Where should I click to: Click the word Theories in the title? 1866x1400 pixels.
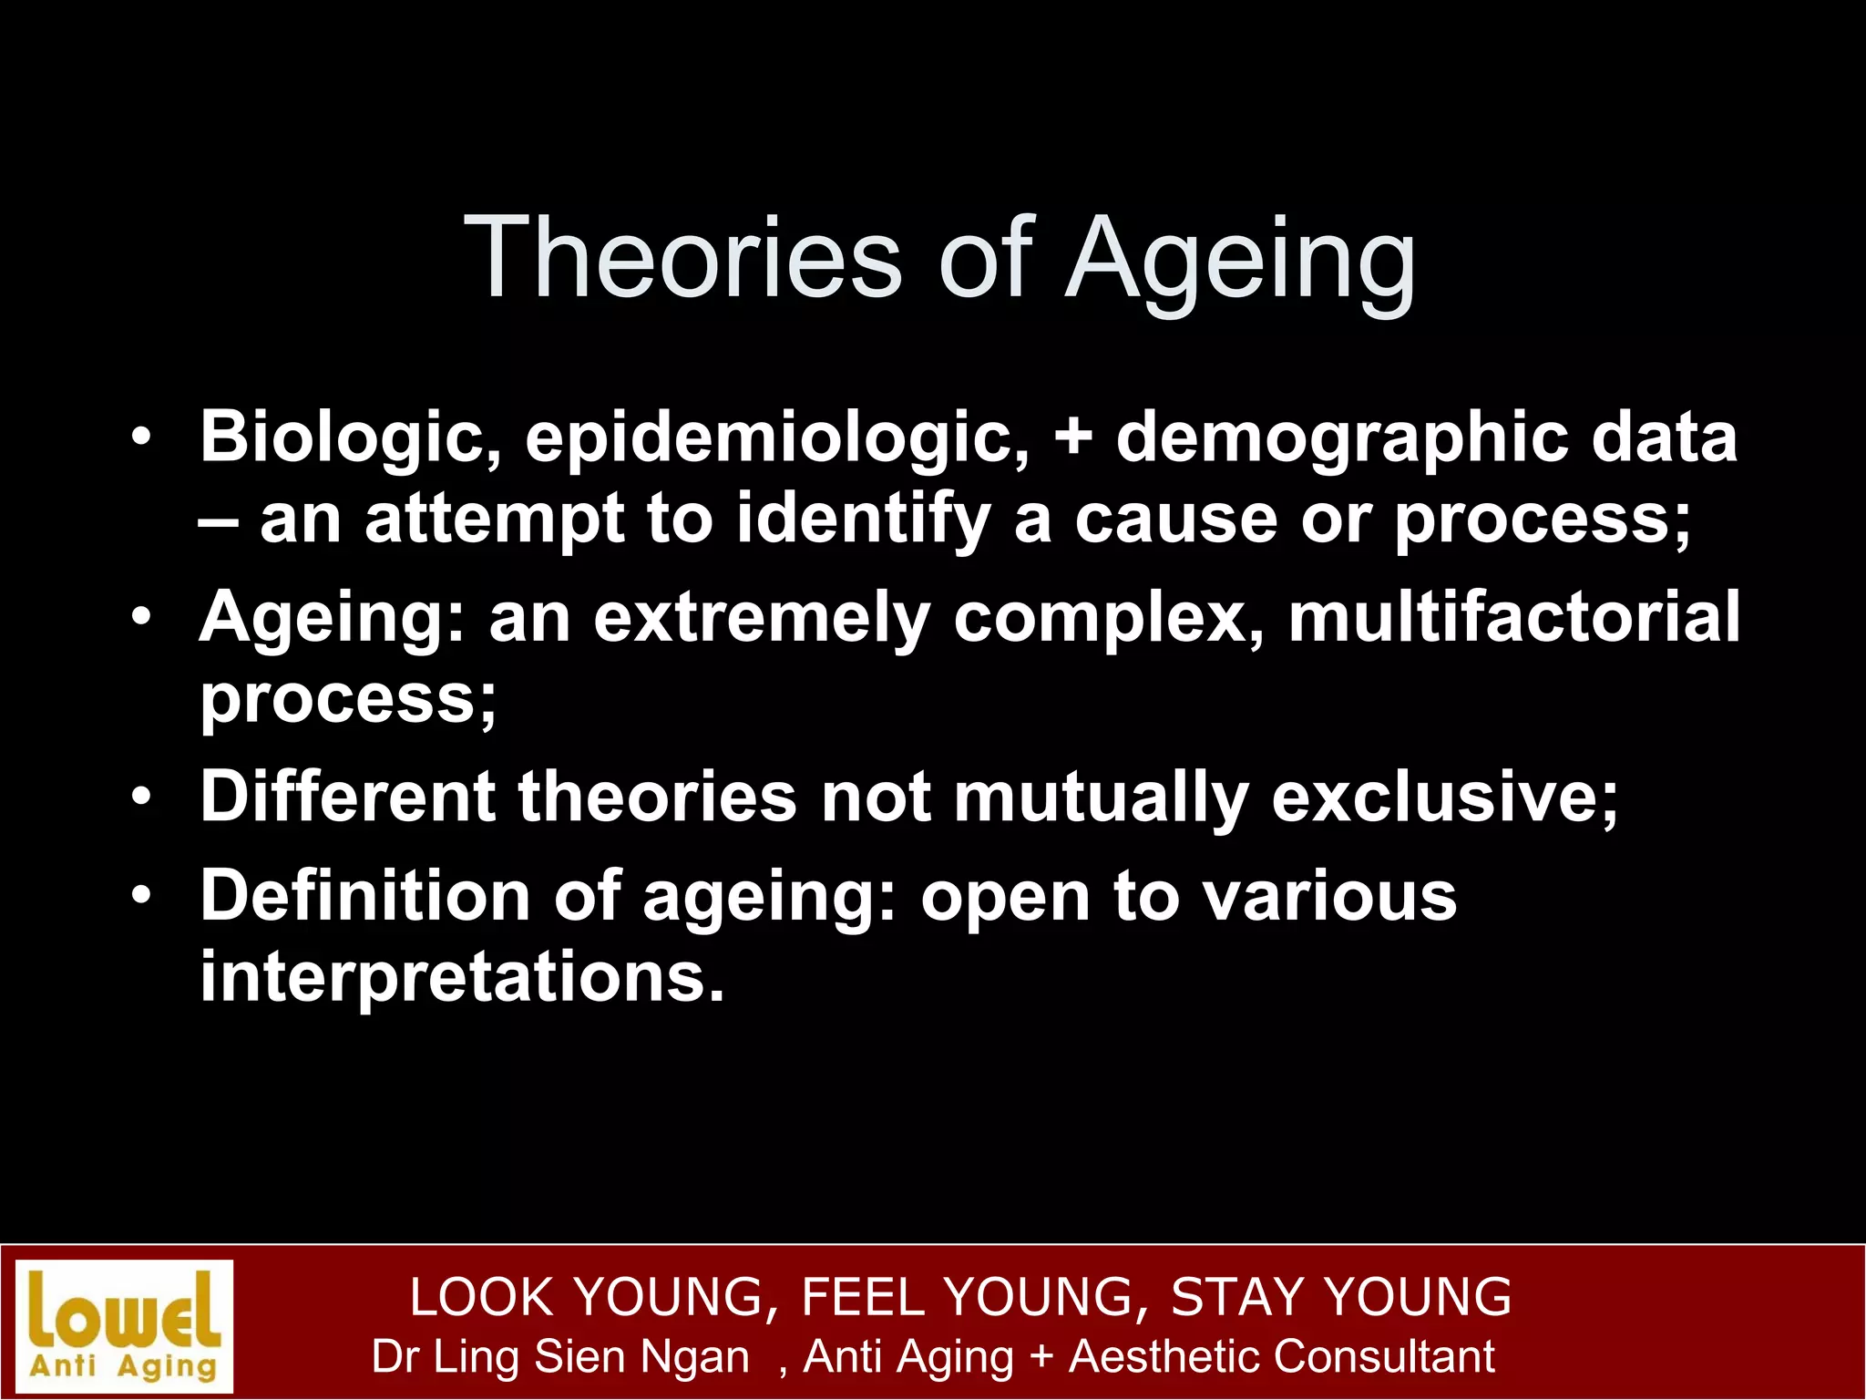tap(682, 257)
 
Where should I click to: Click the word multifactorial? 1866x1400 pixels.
tap(1513, 617)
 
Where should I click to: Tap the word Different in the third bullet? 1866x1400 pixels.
tap(347, 797)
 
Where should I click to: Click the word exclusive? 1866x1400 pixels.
tap(1444, 797)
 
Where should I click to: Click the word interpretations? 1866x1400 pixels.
tap(461, 977)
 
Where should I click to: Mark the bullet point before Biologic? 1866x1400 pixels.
tap(140, 437)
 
